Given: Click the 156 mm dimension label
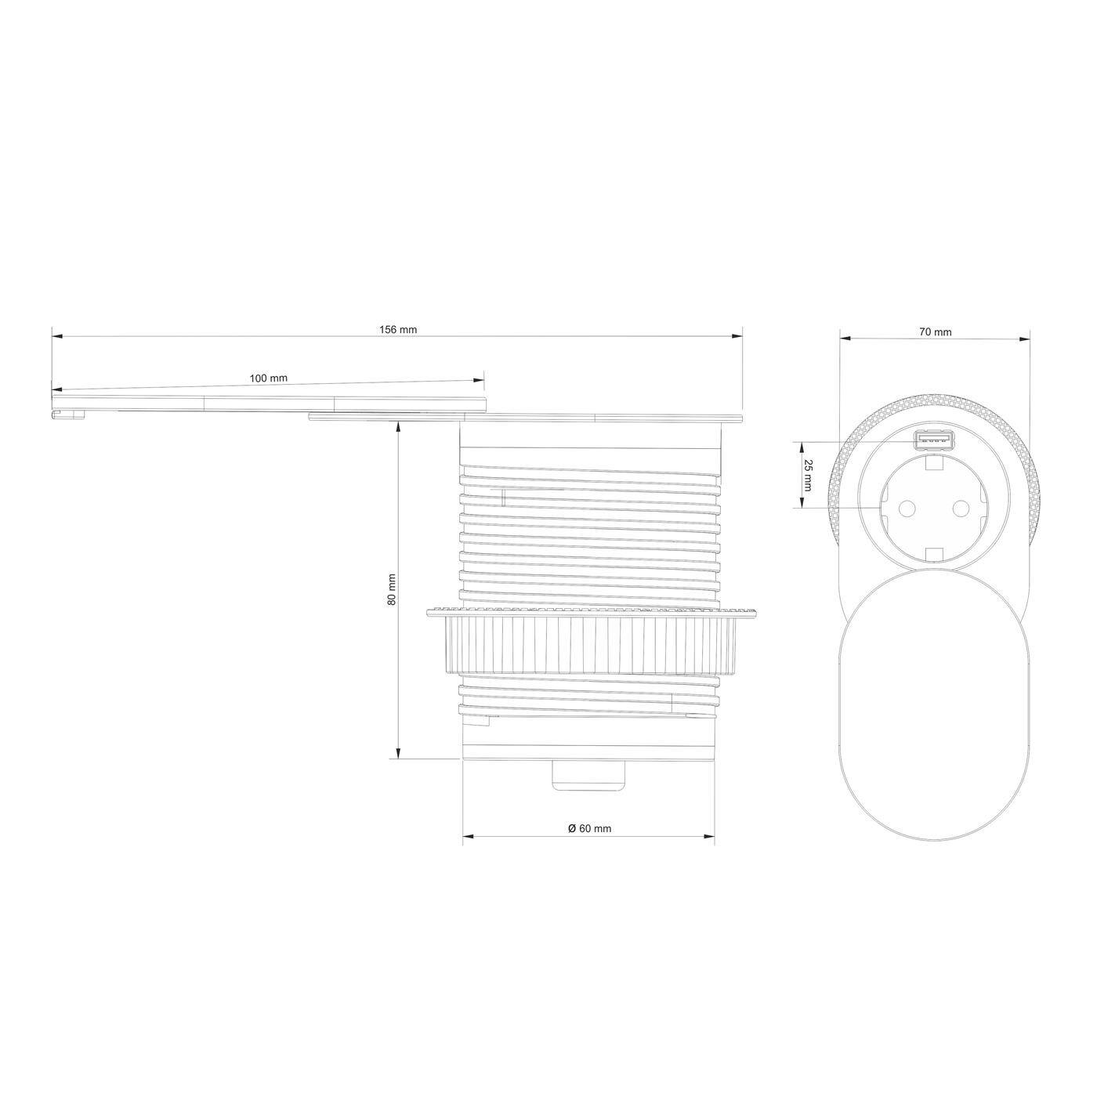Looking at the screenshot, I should (397, 330).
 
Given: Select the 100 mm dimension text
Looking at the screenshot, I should (268, 378).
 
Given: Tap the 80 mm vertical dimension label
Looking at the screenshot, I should (392, 590).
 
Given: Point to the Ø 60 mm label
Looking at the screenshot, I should (589, 828).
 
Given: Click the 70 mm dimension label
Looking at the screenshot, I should (935, 332).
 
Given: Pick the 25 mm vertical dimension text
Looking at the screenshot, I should (808, 475).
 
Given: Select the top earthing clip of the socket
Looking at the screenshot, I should (933, 463).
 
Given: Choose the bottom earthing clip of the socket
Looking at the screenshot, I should (933, 556).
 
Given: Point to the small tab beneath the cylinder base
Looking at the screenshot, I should (589, 773).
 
